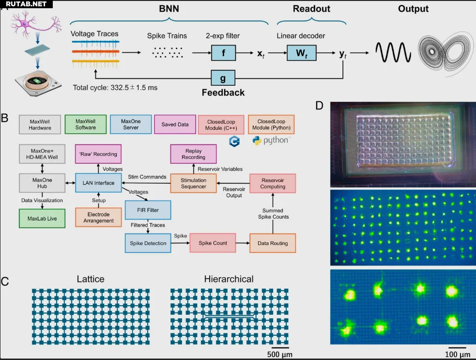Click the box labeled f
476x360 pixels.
pyautogui.click(x=223, y=52)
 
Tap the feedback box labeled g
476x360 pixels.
pyautogui.click(x=223, y=78)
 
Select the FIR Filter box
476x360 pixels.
pyautogui.click(x=148, y=210)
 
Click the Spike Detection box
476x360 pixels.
pyautogui.click(x=148, y=243)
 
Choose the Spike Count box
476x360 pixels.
pyautogui.click(x=213, y=243)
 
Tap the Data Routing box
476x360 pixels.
pyautogui.click(x=273, y=243)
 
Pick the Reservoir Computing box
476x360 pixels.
pyautogui.click(x=273, y=184)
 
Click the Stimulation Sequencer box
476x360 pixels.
pyautogui.click(x=193, y=184)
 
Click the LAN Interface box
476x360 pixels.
pyautogui.click(x=98, y=183)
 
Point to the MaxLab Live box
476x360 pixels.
pyautogui.click(x=42, y=218)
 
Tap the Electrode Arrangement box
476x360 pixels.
pyautogui.click(x=98, y=217)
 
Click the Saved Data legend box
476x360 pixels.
pyautogui.click(x=175, y=125)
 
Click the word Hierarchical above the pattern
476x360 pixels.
pyautogui.click(x=229, y=279)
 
